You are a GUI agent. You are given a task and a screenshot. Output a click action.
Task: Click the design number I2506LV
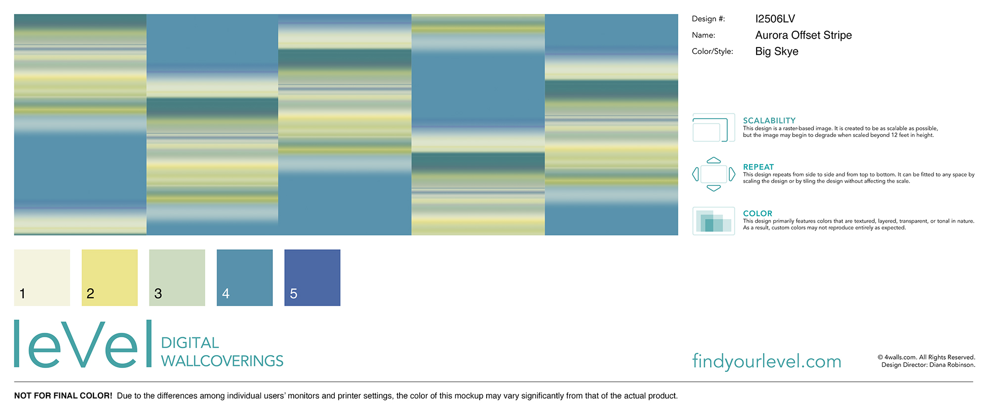tap(775, 19)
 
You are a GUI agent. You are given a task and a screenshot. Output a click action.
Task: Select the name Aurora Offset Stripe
tap(804, 35)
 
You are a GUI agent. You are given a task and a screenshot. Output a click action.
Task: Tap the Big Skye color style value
tap(777, 51)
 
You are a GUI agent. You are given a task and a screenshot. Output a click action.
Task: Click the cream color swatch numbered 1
tap(42, 277)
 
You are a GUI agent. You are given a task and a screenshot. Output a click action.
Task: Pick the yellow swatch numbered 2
tap(110, 277)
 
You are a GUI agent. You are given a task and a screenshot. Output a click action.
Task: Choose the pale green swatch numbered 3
tap(177, 277)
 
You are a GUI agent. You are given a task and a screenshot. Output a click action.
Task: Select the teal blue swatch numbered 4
tap(245, 277)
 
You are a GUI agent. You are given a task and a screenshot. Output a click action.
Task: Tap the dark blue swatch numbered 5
tap(313, 277)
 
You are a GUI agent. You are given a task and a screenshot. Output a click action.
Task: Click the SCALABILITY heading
tap(769, 121)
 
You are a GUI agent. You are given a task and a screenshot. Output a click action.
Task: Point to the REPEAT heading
tap(758, 167)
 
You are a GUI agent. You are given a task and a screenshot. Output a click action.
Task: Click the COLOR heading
tap(758, 214)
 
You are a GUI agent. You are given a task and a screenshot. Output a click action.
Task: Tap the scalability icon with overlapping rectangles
tap(714, 128)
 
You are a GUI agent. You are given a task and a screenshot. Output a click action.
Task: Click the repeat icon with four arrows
tap(714, 174)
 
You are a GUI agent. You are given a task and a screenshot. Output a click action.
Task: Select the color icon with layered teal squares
tap(714, 221)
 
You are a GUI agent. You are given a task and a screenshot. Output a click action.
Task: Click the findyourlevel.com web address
tap(766, 362)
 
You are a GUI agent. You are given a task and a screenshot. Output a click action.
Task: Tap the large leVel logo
tap(83, 344)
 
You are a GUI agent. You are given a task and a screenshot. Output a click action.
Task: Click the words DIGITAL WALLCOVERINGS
tap(222, 352)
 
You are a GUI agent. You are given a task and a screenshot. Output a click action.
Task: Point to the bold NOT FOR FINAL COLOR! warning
tap(63, 396)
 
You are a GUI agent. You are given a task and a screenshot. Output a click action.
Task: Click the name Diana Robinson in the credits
tap(952, 365)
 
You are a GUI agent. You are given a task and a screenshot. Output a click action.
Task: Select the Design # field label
tap(708, 19)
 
